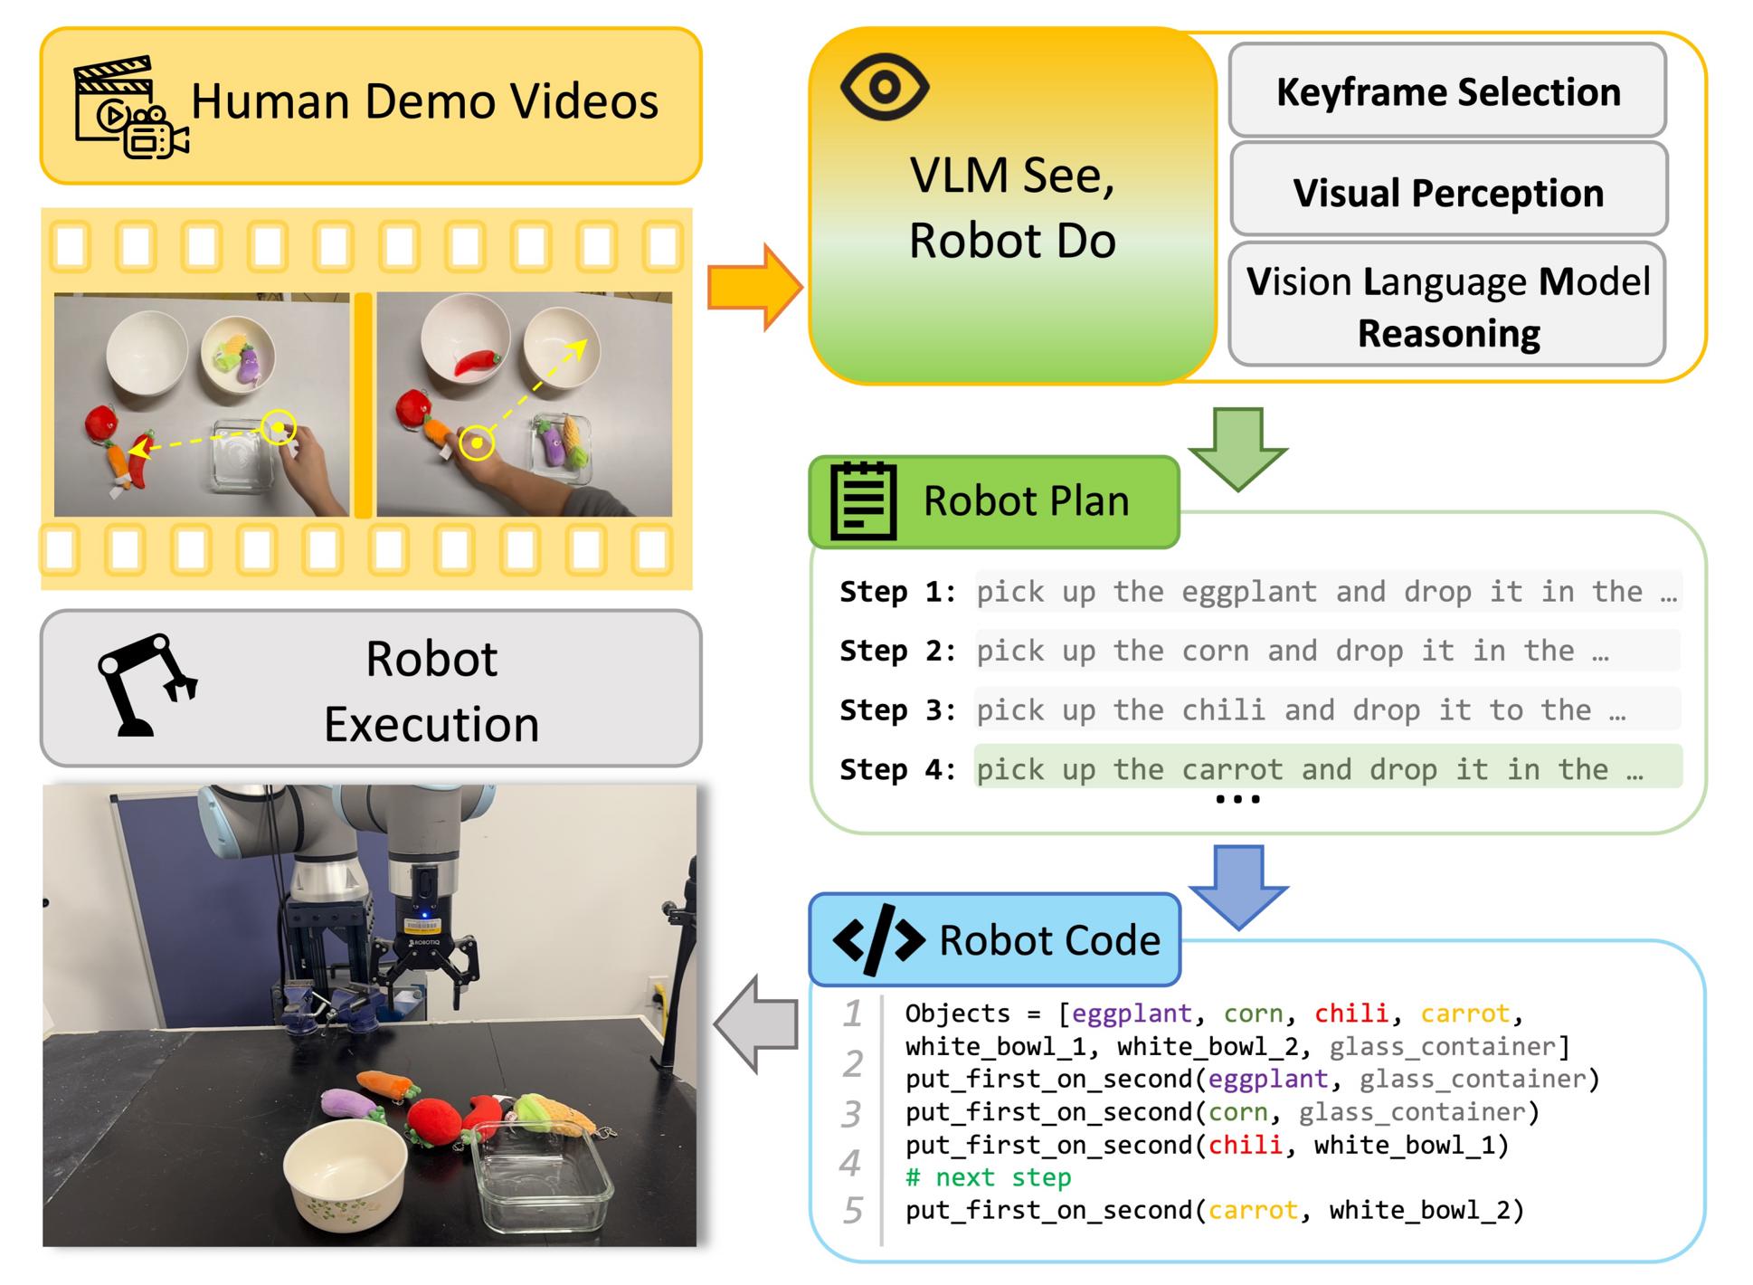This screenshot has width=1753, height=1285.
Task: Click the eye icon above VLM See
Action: (x=884, y=87)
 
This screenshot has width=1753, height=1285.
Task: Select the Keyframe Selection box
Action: (x=1447, y=90)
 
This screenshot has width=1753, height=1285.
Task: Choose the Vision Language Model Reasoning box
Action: (x=1447, y=305)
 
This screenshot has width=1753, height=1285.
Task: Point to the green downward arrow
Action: (x=1237, y=448)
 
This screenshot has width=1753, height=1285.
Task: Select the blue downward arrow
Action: (x=1237, y=887)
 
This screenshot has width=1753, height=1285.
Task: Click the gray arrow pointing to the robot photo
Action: (x=756, y=1023)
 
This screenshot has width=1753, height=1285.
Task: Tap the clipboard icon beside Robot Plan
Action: (x=863, y=501)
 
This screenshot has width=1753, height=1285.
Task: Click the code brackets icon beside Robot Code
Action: (x=878, y=939)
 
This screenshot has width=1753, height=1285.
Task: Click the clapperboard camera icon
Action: (x=131, y=108)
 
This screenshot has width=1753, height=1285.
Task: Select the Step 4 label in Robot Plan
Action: (x=897, y=769)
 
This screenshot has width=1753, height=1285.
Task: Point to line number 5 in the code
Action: (x=852, y=1210)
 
